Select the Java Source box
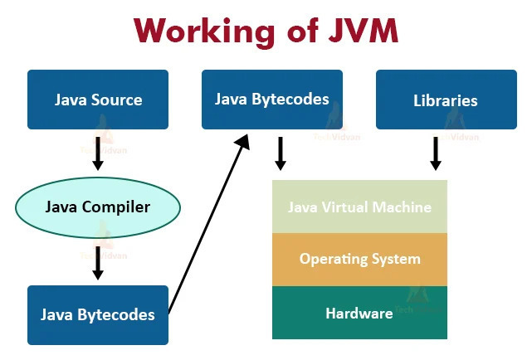click(98, 100)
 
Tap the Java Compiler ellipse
click(98, 207)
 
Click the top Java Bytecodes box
click(272, 100)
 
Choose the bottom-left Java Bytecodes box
click(98, 314)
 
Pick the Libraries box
click(446, 100)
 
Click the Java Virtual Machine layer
click(359, 207)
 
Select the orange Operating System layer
click(359, 259)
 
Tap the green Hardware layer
click(359, 313)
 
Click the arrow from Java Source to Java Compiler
click(98, 153)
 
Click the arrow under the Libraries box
click(436, 153)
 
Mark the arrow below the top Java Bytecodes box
click(281, 153)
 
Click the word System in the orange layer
click(394, 259)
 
